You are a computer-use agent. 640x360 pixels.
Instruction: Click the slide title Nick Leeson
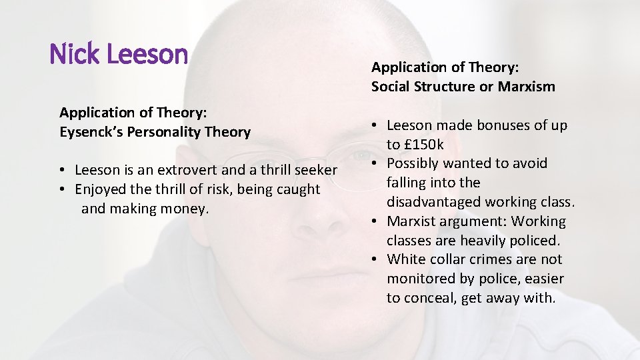(x=119, y=54)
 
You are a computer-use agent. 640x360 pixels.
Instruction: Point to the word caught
(x=296, y=189)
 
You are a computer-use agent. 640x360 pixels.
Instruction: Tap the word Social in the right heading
(x=390, y=86)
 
